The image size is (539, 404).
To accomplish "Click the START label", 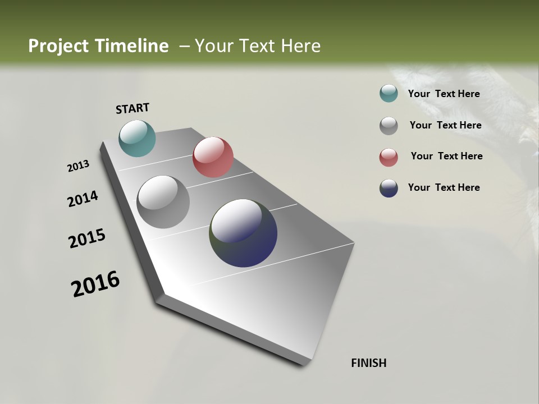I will click(x=133, y=108).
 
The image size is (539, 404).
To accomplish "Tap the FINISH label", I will click(x=368, y=363).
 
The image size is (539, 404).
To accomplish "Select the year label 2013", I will click(x=78, y=166).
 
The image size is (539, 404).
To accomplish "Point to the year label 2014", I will click(x=83, y=199).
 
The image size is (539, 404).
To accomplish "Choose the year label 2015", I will click(x=86, y=238).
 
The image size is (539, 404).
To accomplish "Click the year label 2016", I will click(x=95, y=284).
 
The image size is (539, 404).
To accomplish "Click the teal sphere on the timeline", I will click(x=137, y=138).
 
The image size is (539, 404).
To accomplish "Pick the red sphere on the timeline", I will click(x=213, y=157).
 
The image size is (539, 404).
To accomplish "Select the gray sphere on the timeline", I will click(x=163, y=202).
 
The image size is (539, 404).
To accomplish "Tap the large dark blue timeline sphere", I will click(x=243, y=232).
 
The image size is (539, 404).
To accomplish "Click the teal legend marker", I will click(x=389, y=94).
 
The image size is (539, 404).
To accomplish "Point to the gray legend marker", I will click(x=389, y=126).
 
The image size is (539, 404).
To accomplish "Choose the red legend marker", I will click(x=389, y=157).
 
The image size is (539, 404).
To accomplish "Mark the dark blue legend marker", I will click(x=389, y=188).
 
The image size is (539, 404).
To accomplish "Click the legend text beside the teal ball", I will click(x=444, y=94).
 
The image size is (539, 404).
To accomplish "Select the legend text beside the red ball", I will click(x=446, y=156).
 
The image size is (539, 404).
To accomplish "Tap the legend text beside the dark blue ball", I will click(x=444, y=187).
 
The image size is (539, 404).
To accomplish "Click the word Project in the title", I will click(x=59, y=46).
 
